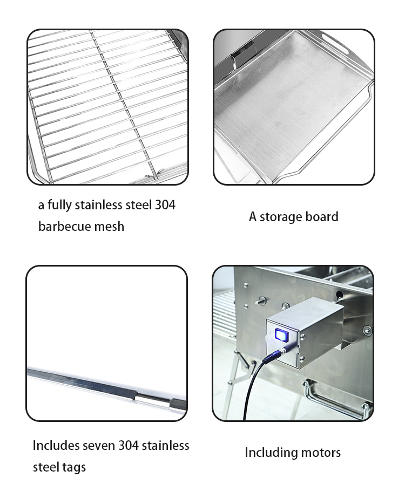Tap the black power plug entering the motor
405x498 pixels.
[x=273, y=356]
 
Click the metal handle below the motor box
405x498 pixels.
[x=334, y=399]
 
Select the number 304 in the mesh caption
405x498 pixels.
[x=165, y=205]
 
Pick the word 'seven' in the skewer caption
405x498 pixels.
[x=98, y=446]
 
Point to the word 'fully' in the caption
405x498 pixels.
[x=59, y=205]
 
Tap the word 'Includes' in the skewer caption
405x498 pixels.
[x=56, y=446]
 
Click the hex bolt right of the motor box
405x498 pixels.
[x=367, y=330]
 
